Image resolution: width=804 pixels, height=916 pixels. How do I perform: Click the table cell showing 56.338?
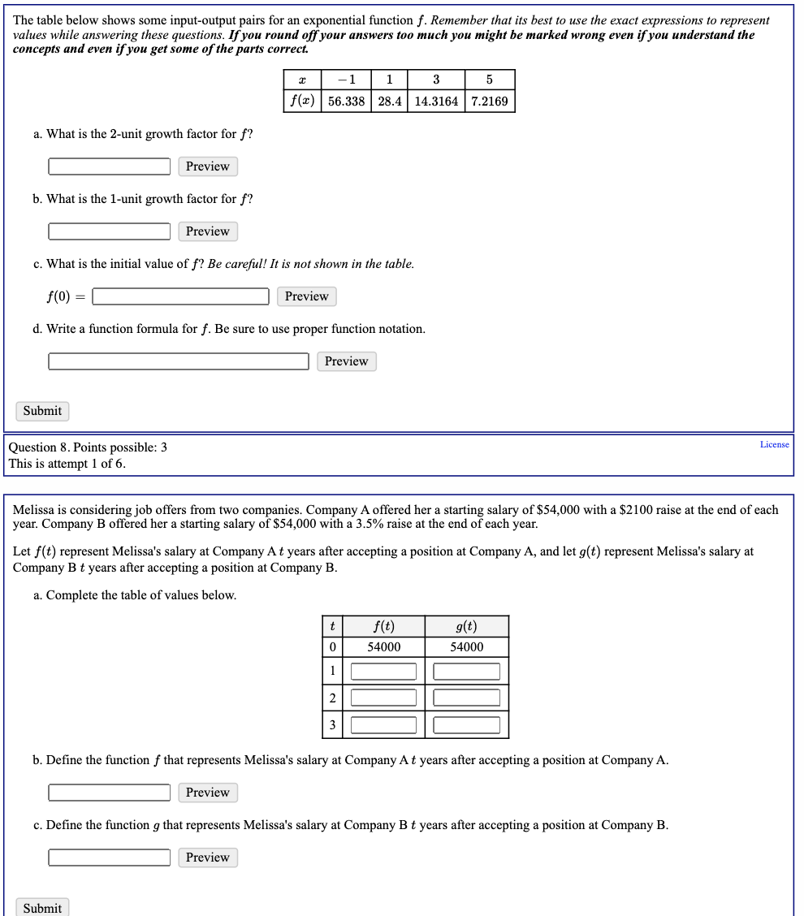click(346, 102)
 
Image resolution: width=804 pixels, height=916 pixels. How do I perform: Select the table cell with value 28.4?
click(391, 102)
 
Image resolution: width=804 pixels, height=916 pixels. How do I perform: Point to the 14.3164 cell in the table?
click(436, 102)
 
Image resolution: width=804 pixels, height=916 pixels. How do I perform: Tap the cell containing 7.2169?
click(489, 102)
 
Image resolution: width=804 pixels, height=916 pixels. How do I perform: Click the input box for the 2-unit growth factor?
click(109, 166)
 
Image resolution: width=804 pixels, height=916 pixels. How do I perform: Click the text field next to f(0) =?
click(180, 296)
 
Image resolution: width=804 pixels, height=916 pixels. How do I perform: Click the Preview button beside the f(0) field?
click(306, 296)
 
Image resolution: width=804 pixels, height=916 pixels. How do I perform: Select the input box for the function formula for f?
click(179, 361)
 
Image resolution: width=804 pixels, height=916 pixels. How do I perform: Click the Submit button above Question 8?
click(42, 411)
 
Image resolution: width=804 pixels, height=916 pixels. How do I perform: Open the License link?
click(774, 444)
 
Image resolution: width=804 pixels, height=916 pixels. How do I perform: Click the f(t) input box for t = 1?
click(383, 672)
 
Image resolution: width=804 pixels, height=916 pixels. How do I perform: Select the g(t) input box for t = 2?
click(466, 698)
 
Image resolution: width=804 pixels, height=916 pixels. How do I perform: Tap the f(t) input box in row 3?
click(383, 724)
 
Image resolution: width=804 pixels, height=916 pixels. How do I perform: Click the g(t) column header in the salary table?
click(466, 626)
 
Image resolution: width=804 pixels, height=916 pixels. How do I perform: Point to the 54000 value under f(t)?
click(383, 647)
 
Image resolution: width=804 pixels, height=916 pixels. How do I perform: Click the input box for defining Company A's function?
click(109, 793)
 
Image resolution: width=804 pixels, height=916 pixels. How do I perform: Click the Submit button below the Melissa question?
click(42, 908)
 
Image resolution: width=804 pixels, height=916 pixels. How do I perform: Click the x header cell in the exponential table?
click(302, 80)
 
